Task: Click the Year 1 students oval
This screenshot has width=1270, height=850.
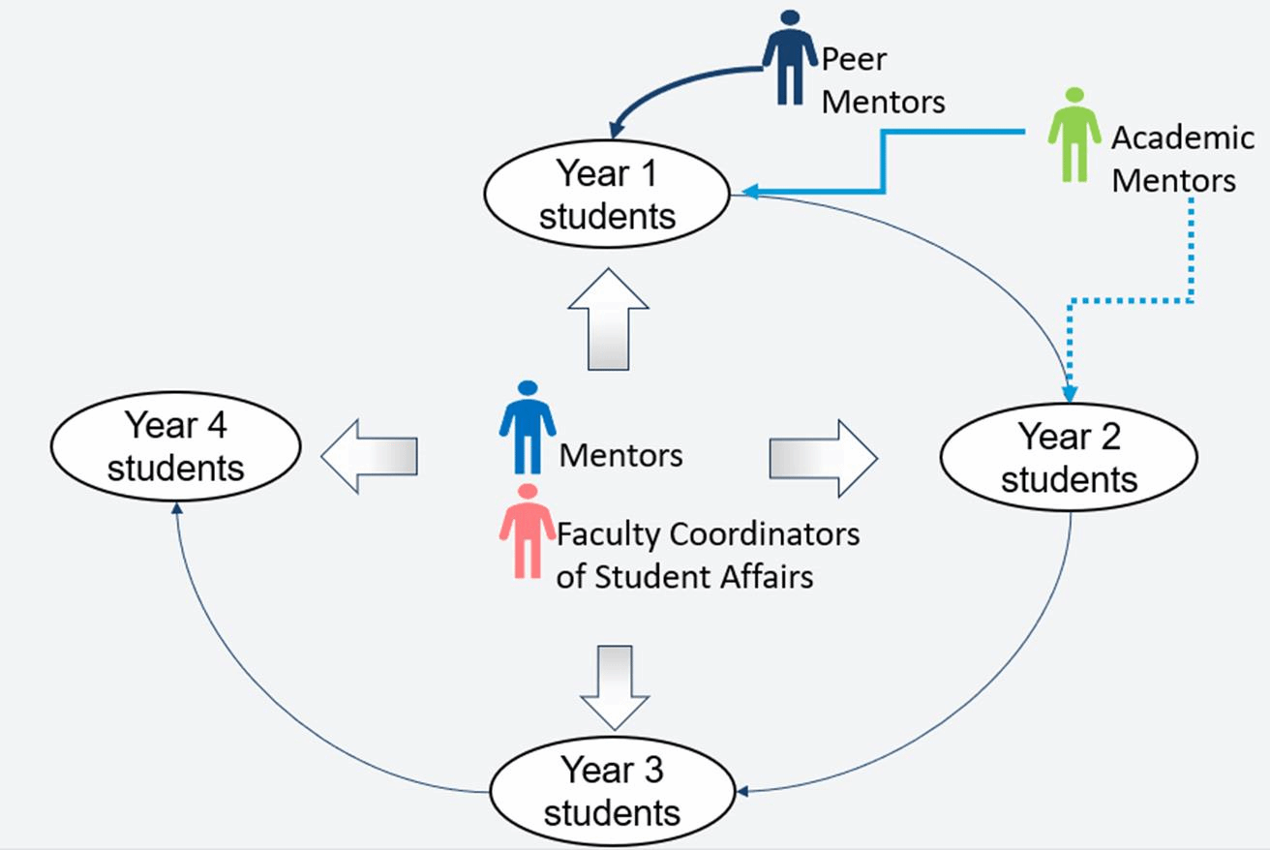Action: [607, 195]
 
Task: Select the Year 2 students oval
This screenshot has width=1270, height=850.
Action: [1069, 457]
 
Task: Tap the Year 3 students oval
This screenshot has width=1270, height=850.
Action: [612, 791]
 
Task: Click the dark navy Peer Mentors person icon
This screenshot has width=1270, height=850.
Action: [789, 58]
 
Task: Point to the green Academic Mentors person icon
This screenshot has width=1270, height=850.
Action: [1073, 136]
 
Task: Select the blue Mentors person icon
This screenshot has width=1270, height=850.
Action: [528, 427]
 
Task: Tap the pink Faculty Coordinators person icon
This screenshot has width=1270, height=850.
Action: [528, 531]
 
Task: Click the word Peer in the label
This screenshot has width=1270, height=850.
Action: [854, 60]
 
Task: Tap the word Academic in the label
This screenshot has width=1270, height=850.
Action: [1182, 137]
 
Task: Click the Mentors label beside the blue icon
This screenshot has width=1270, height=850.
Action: [621, 455]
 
